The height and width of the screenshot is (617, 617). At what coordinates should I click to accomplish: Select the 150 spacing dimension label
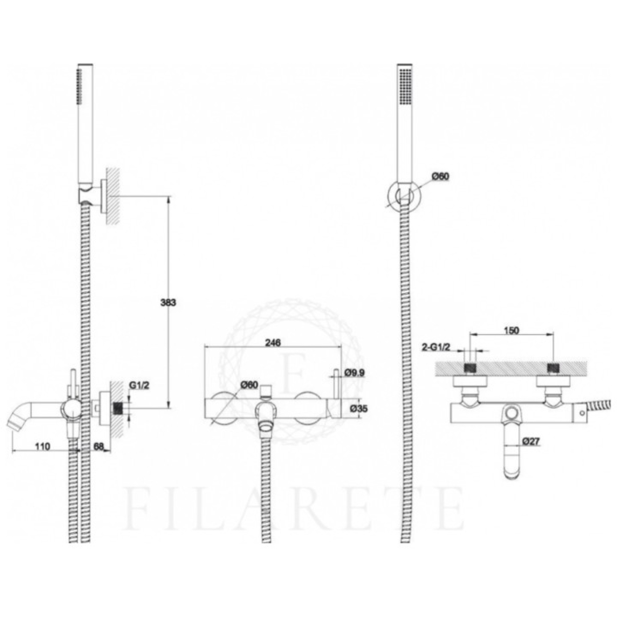click(512, 331)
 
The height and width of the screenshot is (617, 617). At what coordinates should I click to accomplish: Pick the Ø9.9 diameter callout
click(354, 373)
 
